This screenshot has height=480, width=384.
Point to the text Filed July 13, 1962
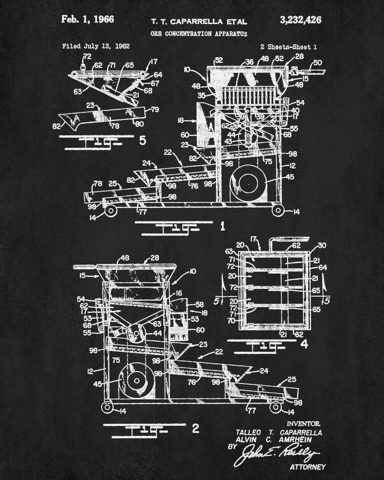(96, 47)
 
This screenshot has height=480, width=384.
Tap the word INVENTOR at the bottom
(303, 424)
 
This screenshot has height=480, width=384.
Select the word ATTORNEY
(308, 467)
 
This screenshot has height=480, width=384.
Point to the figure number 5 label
(142, 141)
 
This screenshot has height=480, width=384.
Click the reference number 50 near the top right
(317, 62)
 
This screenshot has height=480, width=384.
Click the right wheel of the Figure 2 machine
(276, 406)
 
